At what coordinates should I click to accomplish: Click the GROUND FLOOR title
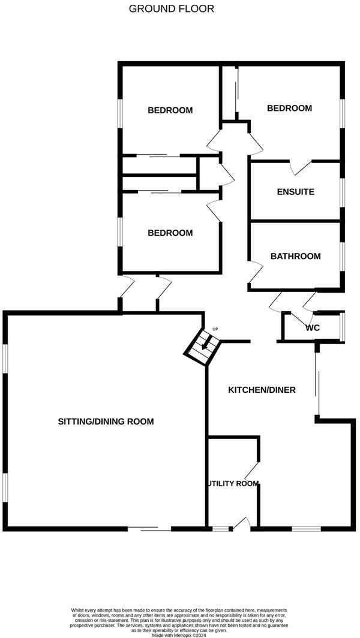[x=171, y=9]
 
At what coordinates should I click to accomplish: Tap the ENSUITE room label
[x=295, y=192]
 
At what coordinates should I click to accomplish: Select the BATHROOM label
[x=295, y=256]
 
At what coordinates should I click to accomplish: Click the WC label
[x=312, y=328]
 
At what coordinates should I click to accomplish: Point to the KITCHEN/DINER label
[x=262, y=390]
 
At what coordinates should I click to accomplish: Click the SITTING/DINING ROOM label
[x=106, y=422]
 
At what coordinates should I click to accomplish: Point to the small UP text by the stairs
[x=215, y=329]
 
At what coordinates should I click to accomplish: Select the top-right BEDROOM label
[x=289, y=108]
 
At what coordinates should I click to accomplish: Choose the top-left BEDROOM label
[x=170, y=110]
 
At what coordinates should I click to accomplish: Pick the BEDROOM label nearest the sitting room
[x=170, y=233]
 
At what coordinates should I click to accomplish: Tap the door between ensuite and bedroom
[x=301, y=167]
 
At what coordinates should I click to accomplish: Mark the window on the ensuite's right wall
[x=343, y=192]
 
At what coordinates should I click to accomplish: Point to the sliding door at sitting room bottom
[x=149, y=528]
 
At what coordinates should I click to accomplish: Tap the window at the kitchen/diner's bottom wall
[x=306, y=528]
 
